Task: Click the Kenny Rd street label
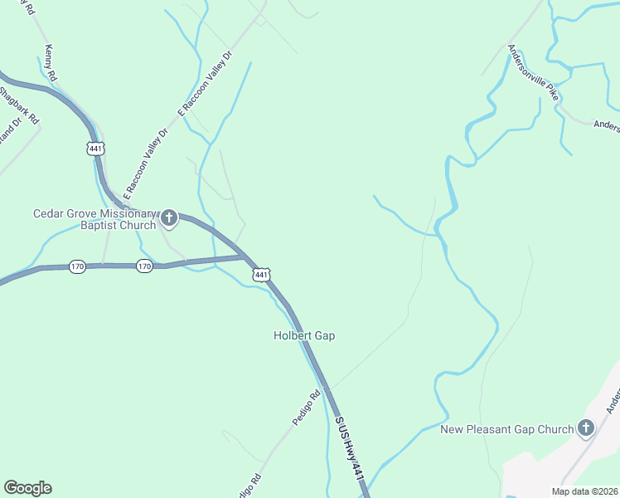click(x=51, y=63)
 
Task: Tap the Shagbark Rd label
click(x=19, y=105)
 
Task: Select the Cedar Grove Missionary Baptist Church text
click(x=94, y=219)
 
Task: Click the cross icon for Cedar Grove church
click(x=169, y=219)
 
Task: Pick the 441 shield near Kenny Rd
click(x=94, y=147)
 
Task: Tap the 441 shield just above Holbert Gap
click(x=261, y=274)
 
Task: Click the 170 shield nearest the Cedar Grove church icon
click(x=144, y=266)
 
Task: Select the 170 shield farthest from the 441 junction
click(x=77, y=266)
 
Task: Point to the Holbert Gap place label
click(x=304, y=335)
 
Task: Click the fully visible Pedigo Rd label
click(x=305, y=409)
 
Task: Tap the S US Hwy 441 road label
click(x=349, y=448)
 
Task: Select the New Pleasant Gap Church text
click(x=506, y=429)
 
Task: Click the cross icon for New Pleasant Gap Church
click(x=586, y=428)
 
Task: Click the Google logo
click(x=27, y=488)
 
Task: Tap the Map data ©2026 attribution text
click(x=584, y=491)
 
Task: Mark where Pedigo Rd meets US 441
click(x=330, y=390)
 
